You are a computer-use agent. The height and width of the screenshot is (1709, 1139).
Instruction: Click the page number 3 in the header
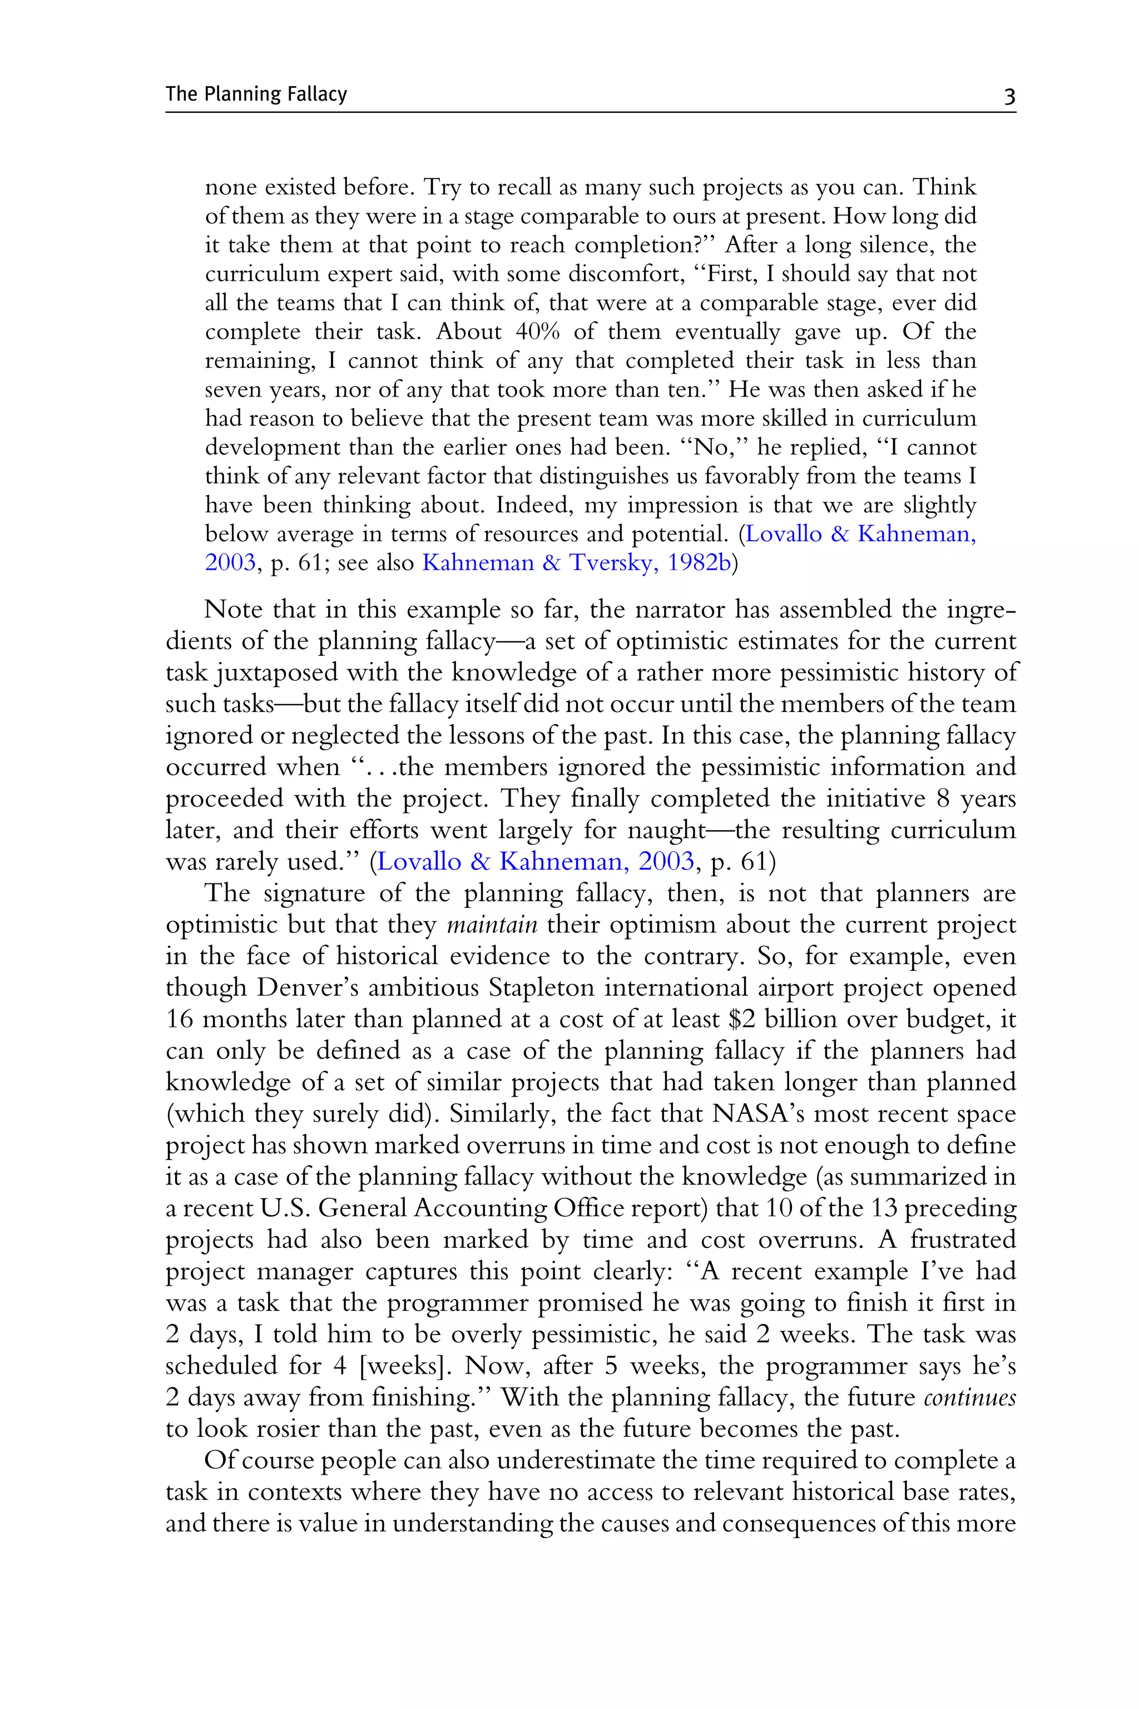1009,96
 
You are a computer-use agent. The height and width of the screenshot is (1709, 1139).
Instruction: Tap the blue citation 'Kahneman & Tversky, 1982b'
576,563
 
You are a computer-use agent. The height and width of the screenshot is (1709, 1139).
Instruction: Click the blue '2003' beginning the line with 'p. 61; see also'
230,563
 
